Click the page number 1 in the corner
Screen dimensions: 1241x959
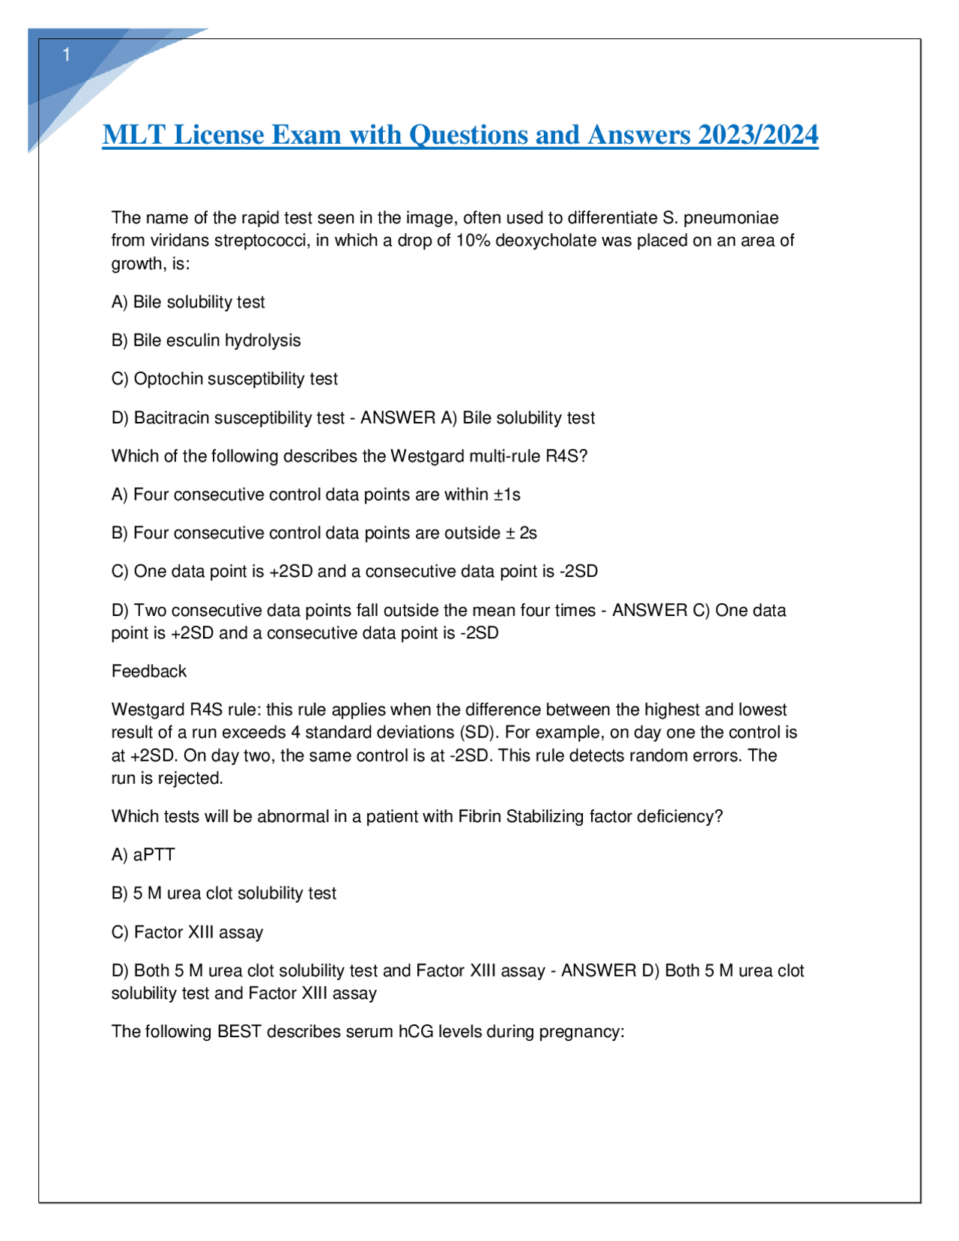pos(67,55)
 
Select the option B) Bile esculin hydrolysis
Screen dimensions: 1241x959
pos(206,340)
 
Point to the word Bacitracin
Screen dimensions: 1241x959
pos(172,418)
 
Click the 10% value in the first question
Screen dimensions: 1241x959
pos(474,241)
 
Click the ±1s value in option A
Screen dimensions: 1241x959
pos(506,495)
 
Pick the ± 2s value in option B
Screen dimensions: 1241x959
pos(521,533)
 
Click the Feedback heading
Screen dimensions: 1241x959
pos(149,671)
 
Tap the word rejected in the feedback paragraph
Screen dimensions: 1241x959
pos(190,779)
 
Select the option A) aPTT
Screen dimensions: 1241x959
pos(143,855)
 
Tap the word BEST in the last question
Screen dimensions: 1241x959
pos(239,1032)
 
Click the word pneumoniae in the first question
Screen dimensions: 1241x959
pos(730,218)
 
